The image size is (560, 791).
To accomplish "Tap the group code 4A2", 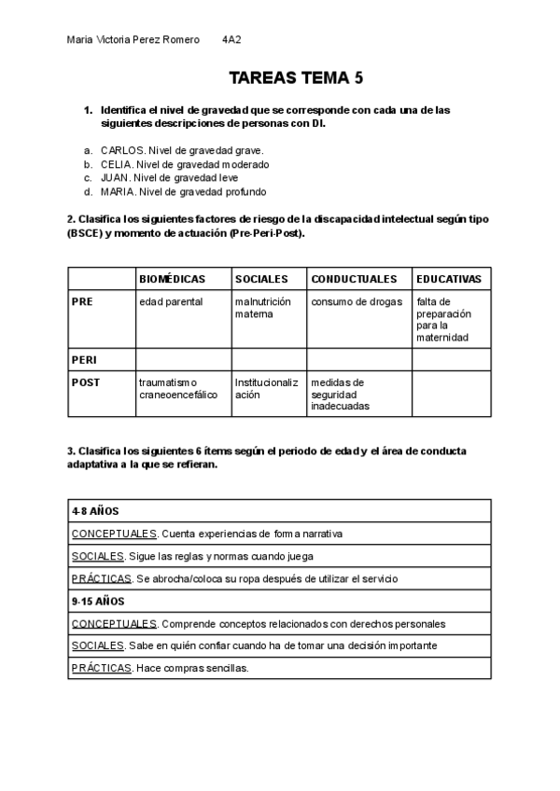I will pyautogui.click(x=231, y=40).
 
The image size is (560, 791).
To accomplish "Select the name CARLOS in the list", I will pyautogui.click(x=122, y=149).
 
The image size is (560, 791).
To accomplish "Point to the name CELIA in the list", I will pyautogui.click(x=117, y=164).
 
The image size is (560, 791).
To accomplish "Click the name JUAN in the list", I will pyautogui.click(x=115, y=178).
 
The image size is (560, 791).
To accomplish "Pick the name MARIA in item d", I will pyautogui.click(x=118, y=192).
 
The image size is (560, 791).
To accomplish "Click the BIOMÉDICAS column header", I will pyautogui.click(x=172, y=279).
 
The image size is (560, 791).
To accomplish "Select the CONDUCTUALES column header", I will pyautogui.click(x=354, y=279).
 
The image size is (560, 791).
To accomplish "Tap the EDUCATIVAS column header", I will pyautogui.click(x=449, y=279).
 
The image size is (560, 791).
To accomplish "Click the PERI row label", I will pyautogui.click(x=84, y=359).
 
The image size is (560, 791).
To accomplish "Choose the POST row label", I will pyautogui.click(x=86, y=382).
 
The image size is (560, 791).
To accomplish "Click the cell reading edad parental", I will pyautogui.click(x=171, y=302).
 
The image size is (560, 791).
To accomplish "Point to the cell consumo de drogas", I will pyautogui.click(x=357, y=302).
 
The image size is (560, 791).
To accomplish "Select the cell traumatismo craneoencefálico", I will pyautogui.click(x=178, y=388).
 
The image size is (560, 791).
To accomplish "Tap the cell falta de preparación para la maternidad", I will pyautogui.click(x=444, y=320).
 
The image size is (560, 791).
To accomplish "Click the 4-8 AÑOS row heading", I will pyautogui.click(x=94, y=511).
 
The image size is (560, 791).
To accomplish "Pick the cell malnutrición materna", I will pyautogui.click(x=263, y=308).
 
